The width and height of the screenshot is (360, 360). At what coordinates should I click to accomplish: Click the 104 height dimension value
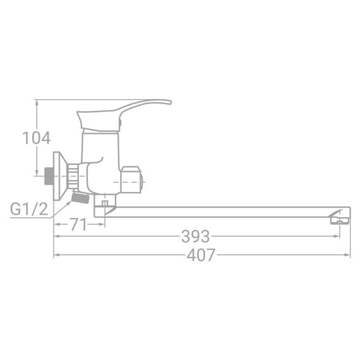click(37, 138)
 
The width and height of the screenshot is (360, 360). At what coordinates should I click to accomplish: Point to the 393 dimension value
click(195, 237)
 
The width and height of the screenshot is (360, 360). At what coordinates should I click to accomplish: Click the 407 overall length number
click(201, 255)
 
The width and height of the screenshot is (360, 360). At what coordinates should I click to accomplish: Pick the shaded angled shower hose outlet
click(79, 198)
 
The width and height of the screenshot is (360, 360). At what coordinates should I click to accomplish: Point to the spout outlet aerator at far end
click(340, 220)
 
